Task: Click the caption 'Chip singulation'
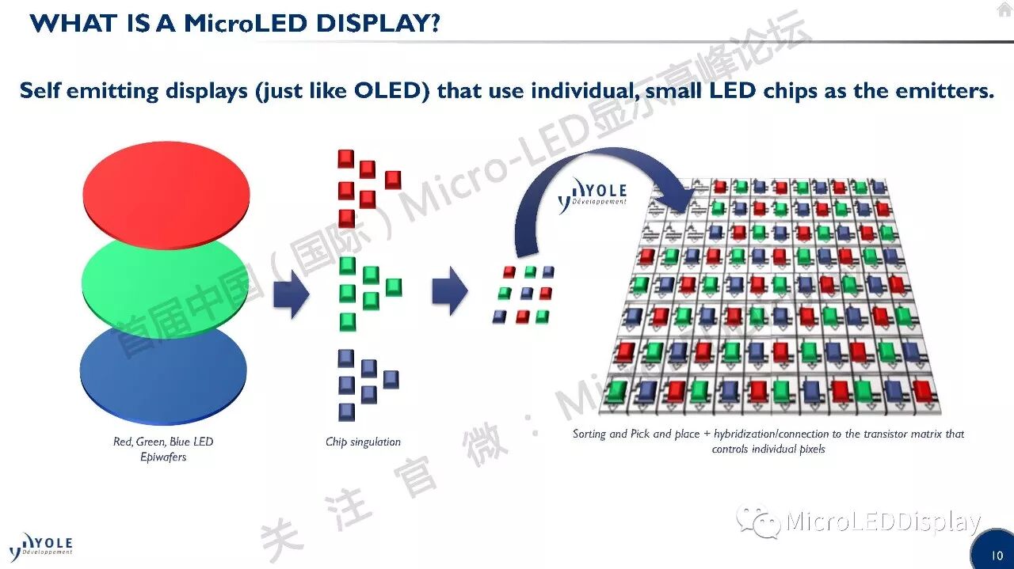point(363,442)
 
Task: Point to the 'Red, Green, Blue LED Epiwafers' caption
point(163,449)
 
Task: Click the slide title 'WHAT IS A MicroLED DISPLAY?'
point(234,23)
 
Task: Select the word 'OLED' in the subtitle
point(391,90)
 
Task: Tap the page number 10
point(997,556)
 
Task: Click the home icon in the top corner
point(1004,10)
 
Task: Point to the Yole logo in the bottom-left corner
point(41,547)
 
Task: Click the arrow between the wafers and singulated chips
point(291,292)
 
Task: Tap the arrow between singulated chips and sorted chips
point(449,290)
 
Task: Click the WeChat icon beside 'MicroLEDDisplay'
point(757,522)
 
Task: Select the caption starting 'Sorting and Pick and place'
point(768,441)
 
